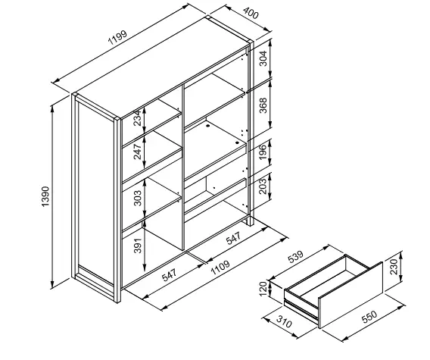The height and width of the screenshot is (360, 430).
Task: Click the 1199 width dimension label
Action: [x=117, y=37]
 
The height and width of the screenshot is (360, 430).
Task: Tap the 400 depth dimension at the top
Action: [x=251, y=13]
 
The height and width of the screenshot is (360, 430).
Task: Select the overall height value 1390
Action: [x=45, y=196]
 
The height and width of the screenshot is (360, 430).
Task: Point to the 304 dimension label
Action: [x=263, y=58]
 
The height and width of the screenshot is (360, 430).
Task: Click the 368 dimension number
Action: [x=263, y=105]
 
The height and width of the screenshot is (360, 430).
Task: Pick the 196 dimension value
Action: [x=263, y=152]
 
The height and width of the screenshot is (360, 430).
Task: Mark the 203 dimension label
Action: [x=263, y=186]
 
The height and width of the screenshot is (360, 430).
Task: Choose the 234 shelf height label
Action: [x=137, y=118]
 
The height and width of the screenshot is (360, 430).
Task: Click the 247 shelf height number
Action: [x=137, y=152]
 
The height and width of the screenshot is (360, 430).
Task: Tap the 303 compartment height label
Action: [x=138, y=198]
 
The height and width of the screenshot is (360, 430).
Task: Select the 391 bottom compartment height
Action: [x=138, y=246]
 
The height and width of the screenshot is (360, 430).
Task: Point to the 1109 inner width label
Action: [x=220, y=268]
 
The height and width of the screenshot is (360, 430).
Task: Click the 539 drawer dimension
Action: [x=295, y=256]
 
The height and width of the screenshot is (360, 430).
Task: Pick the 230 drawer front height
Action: [x=393, y=266]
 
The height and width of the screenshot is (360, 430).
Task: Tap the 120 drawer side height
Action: [x=263, y=289]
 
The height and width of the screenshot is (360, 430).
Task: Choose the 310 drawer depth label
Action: [x=284, y=322]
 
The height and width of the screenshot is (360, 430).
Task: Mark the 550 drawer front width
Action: [x=369, y=317]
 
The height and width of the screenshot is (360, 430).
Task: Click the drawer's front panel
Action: [x=351, y=295]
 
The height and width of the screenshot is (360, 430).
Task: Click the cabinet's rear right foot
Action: [x=251, y=221]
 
